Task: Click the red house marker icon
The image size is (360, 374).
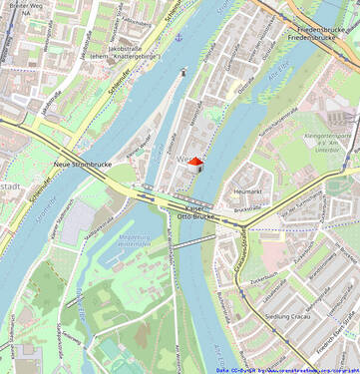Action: (x=195, y=162)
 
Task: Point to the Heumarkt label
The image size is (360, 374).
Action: (x=247, y=189)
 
